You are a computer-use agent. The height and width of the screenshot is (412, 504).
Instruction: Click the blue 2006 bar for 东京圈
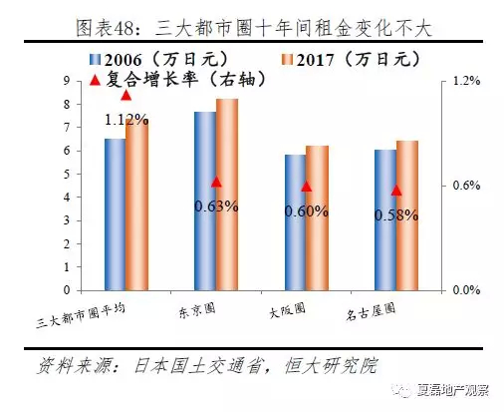tap(205, 201)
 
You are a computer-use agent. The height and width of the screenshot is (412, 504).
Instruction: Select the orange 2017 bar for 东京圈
tap(227, 195)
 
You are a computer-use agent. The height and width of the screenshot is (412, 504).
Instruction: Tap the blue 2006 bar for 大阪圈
tap(296, 222)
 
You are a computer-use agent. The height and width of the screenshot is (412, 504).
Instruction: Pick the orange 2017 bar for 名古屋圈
tap(407, 215)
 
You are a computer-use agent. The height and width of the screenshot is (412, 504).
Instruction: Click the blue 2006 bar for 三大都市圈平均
tap(116, 214)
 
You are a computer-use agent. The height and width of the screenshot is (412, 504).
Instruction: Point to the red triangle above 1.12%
tap(126, 95)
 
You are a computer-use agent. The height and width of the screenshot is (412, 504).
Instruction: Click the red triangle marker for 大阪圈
tap(307, 187)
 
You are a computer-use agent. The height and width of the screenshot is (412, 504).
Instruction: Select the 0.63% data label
tap(216, 206)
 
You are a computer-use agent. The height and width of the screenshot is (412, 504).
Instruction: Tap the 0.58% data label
tap(396, 215)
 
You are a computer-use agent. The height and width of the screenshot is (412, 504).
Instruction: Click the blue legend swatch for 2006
tap(95, 60)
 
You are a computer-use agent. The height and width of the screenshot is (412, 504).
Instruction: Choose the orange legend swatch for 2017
tap(288, 60)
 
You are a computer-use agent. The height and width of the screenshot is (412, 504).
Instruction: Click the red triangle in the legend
tap(96, 80)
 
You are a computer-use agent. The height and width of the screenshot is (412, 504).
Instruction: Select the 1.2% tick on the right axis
tap(466, 81)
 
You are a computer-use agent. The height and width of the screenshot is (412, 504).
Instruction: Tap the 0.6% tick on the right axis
tap(466, 186)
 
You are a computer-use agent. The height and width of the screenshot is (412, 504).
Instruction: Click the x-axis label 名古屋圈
tap(371, 312)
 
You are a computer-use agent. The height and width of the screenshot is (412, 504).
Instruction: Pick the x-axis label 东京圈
tap(197, 311)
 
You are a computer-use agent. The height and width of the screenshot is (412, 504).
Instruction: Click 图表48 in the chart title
tap(104, 28)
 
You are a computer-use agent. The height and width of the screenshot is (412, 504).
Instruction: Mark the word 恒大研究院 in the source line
tap(332, 366)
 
